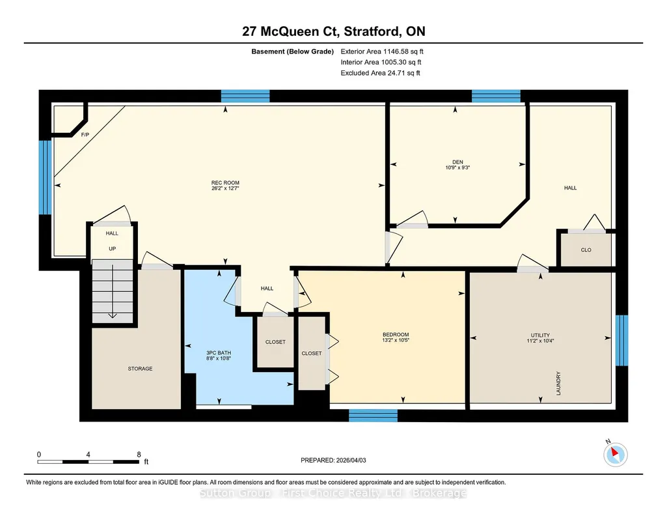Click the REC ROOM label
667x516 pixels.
pyautogui.click(x=225, y=182)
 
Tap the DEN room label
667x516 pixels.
pyautogui.click(x=457, y=162)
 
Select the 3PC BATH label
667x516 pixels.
pyautogui.click(x=219, y=352)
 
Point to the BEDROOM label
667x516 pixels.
pyautogui.click(x=396, y=335)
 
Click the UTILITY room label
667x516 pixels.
pyautogui.click(x=540, y=335)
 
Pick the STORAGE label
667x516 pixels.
pyautogui.click(x=141, y=369)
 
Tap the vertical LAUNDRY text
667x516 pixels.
pyautogui.click(x=558, y=383)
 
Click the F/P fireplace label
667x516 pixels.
pyautogui.click(x=85, y=135)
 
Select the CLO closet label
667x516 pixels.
pyautogui.click(x=586, y=250)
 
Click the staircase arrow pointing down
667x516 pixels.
pyautogui.click(x=113, y=291)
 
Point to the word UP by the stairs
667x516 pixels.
pyautogui.click(x=113, y=249)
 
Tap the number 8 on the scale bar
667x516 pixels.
pyautogui.click(x=139, y=454)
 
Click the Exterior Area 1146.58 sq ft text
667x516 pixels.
pyautogui.click(x=382, y=51)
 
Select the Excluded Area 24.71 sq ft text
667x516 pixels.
pyautogui.click(x=380, y=73)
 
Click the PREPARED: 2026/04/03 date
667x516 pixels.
pyautogui.click(x=333, y=460)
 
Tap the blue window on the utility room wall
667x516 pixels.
pyautogui.click(x=622, y=340)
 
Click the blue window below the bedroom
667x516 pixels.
pyautogui.click(x=374, y=416)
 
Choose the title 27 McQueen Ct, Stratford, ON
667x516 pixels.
pyautogui.click(x=333, y=31)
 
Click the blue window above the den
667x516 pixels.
pyautogui.click(x=496, y=96)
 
